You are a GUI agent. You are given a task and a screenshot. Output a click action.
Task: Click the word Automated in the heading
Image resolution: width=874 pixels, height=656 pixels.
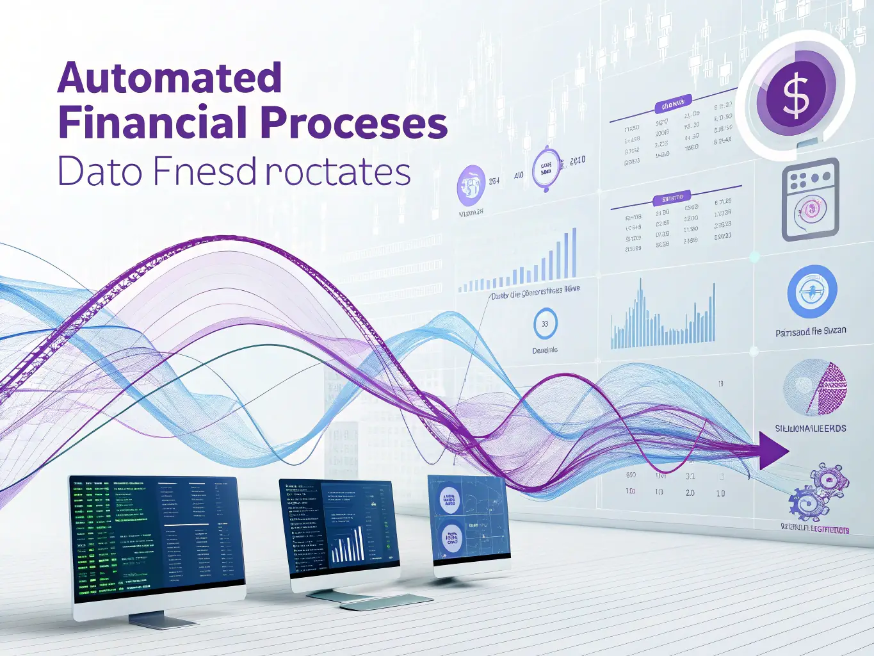(170, 78)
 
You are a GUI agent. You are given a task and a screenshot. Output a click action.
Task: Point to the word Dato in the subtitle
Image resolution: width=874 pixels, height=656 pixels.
(100, 172)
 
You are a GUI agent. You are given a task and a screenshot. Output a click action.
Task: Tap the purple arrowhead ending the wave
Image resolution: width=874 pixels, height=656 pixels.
(772, 450)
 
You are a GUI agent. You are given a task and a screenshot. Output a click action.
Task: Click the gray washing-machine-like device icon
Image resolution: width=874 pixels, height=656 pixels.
(811, 199)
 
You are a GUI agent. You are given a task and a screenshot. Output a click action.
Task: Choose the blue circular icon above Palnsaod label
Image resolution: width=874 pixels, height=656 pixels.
(811, 292)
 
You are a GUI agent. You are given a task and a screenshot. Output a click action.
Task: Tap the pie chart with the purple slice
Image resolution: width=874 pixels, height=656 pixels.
(815, 388)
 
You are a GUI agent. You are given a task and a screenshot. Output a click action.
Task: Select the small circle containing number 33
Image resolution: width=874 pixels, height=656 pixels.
(545, 324)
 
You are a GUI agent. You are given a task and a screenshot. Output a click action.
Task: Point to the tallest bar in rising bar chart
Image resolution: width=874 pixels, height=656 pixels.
(574, 252)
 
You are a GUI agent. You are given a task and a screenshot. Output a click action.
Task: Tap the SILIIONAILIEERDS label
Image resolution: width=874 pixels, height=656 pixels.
(810, 428)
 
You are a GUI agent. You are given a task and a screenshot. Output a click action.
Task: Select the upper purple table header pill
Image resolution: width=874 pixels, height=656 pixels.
(673, 104)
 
